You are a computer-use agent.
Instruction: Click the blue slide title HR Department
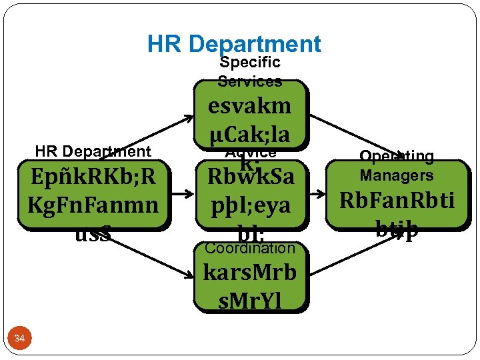(x=234, y=45)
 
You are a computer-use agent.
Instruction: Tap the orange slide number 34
(x=19, y=339)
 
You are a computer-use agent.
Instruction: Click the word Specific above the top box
(x=250, y=63)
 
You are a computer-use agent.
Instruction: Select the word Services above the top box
(x=250, y=81)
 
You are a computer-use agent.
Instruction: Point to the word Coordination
(x=250, y=248)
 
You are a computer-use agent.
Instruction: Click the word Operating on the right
(x=397, y=156)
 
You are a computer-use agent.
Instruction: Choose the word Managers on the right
(x=397, y=175)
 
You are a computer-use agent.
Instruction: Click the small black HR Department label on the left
(x=93, y=151)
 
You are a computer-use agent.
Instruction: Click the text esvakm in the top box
(x=250, y=106)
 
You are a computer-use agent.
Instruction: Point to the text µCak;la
(x=250, y=133)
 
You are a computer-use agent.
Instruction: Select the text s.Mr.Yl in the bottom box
(x=250, y=301)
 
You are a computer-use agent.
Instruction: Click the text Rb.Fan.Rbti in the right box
(x=397, y=200)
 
